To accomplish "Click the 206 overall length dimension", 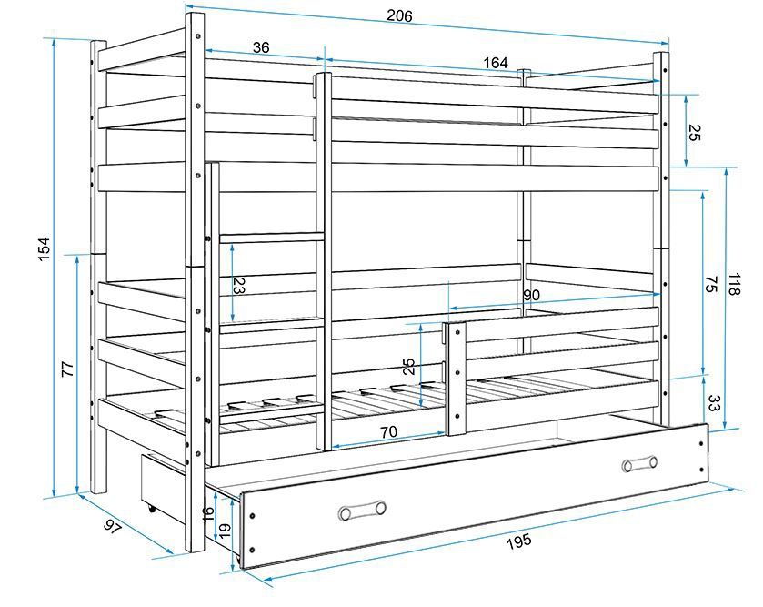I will pyautogui.click(x=399, y=15).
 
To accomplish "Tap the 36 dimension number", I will pyautogui.click(x=260, y=47).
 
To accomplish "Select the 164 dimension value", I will pyautogui.click(x=496, y=63).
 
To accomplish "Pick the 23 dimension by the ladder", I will pyautogui.click(x=238, y=287).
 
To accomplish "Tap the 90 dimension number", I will pyautogui.click(x=533, y=295).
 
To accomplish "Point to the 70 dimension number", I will pyautogui.click(x=388, y=432).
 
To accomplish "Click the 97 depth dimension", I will pyautogui.click(x=113, y=527).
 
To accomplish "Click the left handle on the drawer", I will pyautogui.click(x=361, y=510).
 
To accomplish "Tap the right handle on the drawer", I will pyautogui.click(x=639, y=464).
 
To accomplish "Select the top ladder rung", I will pyautogui.click(x=271, y=238).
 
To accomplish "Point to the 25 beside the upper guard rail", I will pyautogui.click(x=693, y=133).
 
